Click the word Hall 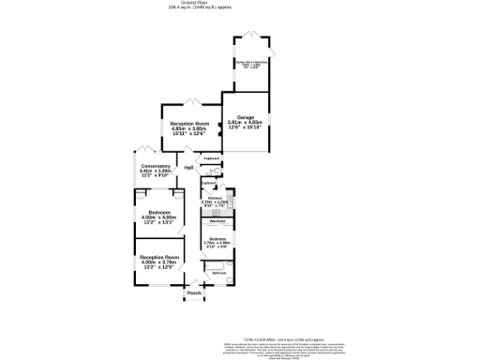tap(188, 168)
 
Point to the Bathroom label tap(217, 273)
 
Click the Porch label tap(194, 293)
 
